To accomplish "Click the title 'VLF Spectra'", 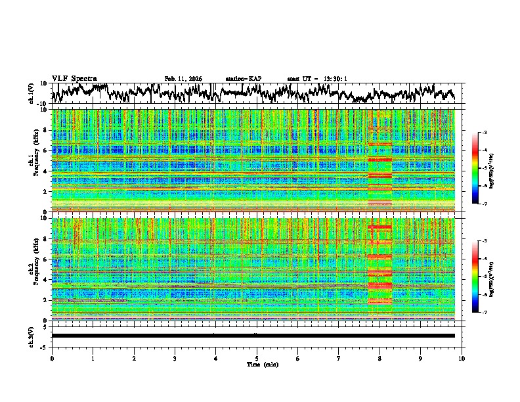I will [74, 78].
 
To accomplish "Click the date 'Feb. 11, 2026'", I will [183, 79].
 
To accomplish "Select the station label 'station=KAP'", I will [243, 79].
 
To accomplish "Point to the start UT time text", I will [317, 79].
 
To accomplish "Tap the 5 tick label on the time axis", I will [257, 358].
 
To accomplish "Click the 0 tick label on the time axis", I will [52, 358].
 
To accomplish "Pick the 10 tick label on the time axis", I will [462, 358].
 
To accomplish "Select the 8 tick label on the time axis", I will [379, 358].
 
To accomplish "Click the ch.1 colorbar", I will [475, 168].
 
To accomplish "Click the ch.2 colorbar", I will [475, 277].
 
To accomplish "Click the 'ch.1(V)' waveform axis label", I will [32, 93].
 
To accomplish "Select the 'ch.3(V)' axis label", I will [32, 336].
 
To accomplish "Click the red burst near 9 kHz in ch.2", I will [379, 227].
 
